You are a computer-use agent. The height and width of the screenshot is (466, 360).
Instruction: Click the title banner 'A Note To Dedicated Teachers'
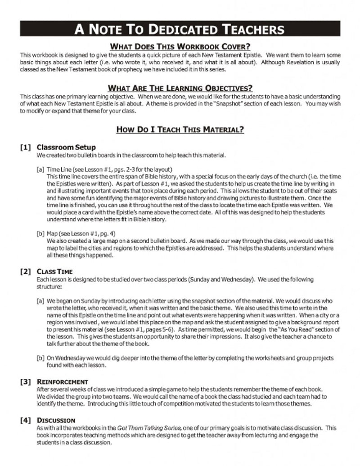click(x=180, y=30)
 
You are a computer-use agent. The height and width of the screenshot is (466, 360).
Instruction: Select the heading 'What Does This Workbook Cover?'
click(x=180, y=47)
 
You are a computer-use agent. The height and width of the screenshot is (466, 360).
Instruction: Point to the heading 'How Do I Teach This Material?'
click(x=180, y=130)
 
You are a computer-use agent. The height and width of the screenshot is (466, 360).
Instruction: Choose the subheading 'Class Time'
click(x=54, y=272)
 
